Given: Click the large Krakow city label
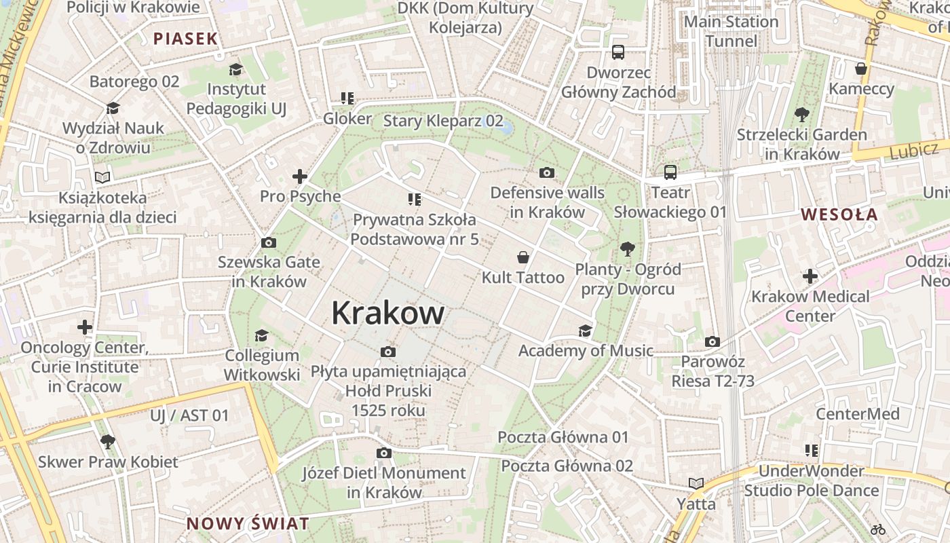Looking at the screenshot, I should tap(388, 314).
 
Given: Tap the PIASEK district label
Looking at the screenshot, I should tap(185, 39).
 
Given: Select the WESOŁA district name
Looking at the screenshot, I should tap(839, 215).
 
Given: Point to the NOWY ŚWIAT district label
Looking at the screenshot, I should tap(248, 524).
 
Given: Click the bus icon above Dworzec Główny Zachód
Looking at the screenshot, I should tap(618, 52).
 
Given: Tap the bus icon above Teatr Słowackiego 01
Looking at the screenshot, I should tap(670, 172).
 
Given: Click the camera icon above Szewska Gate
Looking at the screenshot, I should tap(269, 242).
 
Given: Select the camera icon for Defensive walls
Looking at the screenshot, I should tap(547, 172).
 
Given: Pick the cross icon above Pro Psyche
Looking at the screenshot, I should tap(300, 176).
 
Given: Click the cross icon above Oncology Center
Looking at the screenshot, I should tap(85, 328).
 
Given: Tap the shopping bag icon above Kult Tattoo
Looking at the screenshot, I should tap(523, 257).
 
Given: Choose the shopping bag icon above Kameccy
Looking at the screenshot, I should tap(861, 69).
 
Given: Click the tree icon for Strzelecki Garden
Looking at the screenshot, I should tap(801, 114).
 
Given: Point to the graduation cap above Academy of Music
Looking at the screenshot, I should tap(585, 331).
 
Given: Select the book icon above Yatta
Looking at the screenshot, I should tap(696, 483).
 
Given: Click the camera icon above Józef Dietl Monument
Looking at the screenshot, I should tap(384, 453).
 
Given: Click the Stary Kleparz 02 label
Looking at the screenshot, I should tap(444, 121).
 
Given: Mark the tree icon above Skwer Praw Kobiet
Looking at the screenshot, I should tap(107, 442).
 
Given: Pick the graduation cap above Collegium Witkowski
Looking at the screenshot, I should tap(261, 335).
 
